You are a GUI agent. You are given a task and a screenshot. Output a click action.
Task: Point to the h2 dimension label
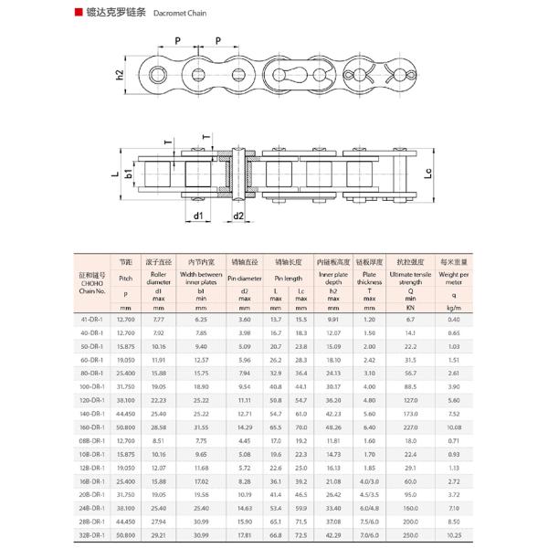[x=119, y=74]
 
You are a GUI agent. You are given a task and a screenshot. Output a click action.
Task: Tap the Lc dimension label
[x=429, y=172]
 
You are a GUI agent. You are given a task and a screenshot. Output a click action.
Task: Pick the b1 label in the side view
[x=129, y=172]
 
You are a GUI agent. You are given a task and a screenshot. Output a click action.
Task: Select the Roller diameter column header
[x=159, y=278]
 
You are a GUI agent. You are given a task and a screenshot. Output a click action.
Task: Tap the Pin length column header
[x=287, y=278]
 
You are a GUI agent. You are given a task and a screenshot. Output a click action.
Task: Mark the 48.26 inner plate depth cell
[x=333, y=427]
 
